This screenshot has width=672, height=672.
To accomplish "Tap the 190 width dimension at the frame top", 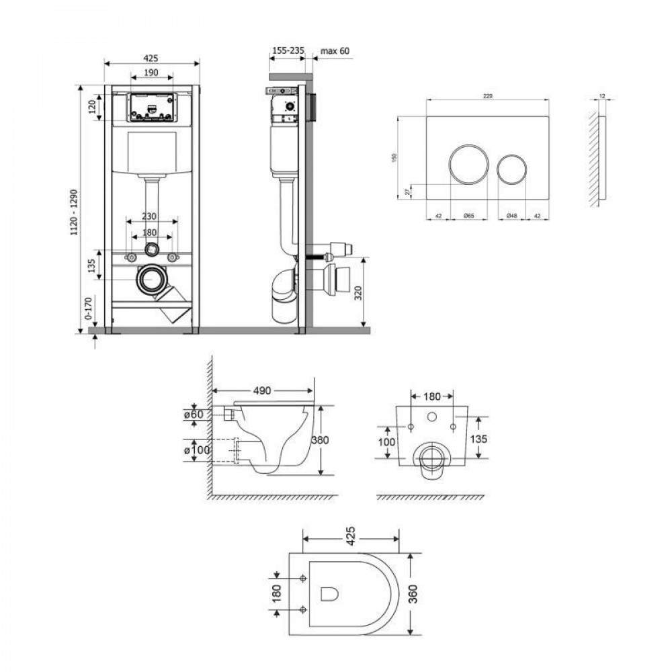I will pos(151,72).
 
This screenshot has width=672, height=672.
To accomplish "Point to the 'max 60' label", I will pos(335,50).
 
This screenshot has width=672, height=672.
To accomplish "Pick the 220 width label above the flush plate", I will pos(488,96).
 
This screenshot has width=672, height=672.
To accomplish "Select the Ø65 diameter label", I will pos(468,215).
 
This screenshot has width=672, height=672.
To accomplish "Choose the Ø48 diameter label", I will pos(511,215).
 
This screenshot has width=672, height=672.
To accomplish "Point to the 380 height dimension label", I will pos(320,440).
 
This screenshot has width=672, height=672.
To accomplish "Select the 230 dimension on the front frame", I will pos(151,216).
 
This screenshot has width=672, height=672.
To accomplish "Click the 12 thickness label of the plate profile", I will pos(602,96).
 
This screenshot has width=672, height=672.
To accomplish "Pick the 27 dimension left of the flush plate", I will pos(408,192).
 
